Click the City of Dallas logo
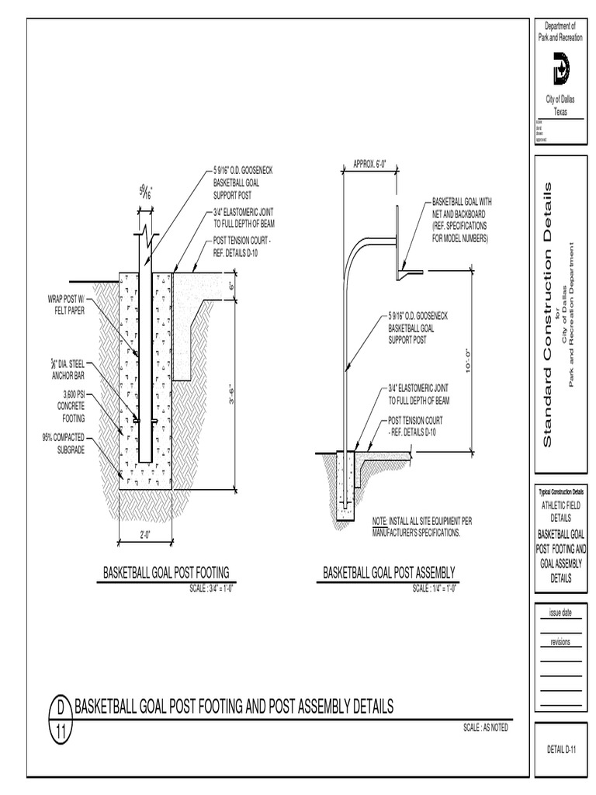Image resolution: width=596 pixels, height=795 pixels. pos(560,69)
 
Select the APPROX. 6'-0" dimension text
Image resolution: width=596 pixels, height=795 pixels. pos(369,164)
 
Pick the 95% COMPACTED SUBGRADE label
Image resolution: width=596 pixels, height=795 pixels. pos(68,443)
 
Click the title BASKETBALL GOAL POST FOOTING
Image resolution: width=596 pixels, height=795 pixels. pos(167,573)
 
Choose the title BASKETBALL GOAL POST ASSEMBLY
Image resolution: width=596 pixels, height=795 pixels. pos(389,573)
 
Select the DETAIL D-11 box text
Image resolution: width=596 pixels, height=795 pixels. pos(560,749)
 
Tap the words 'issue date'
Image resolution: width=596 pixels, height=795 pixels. pos(560,613)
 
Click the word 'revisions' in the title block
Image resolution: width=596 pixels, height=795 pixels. pos(560,642)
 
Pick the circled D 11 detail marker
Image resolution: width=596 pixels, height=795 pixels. pos(59,719)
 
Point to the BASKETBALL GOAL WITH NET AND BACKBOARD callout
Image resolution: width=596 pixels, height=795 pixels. pos(461,220)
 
